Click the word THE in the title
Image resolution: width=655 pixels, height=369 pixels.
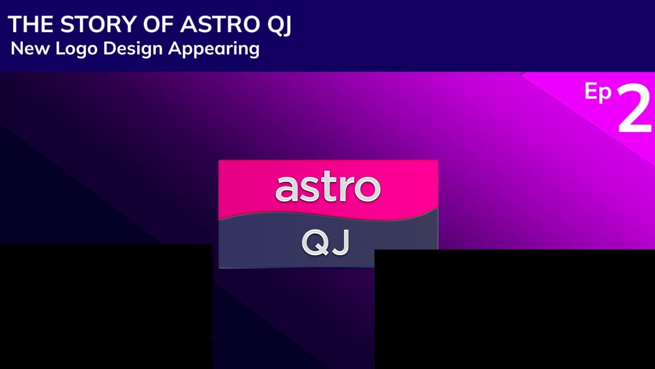pyautogui.click(x=30, y=25)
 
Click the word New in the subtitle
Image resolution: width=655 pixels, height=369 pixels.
pyautogui.click(x=31, y=49)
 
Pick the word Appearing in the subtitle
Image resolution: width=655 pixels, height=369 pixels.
pyautogui.click(x=214, y=49)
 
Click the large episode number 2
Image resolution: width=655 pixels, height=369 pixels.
pyautogui.click(x=635, y=109)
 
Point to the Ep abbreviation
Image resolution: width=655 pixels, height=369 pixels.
pyautogui.click(x=598, y=93)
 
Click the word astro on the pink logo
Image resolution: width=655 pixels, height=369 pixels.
pyautogui.click(x=328, y=188)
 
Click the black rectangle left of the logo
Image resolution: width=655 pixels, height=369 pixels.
pyautogui.click(x=105, y=306)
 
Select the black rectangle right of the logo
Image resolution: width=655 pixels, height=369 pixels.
pyautogui.click(x=514, y=309)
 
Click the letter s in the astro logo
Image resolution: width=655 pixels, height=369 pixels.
pyautogui.click(x=311, y=190)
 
